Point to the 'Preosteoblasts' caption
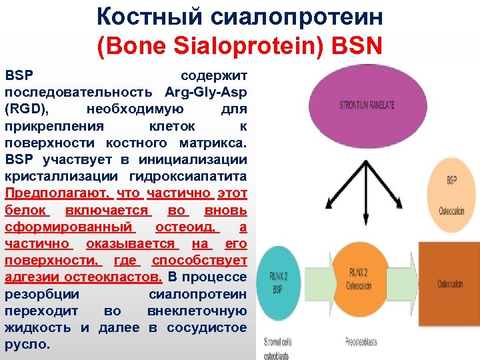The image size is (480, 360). [361, 341]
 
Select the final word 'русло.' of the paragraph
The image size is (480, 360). [27, 345]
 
